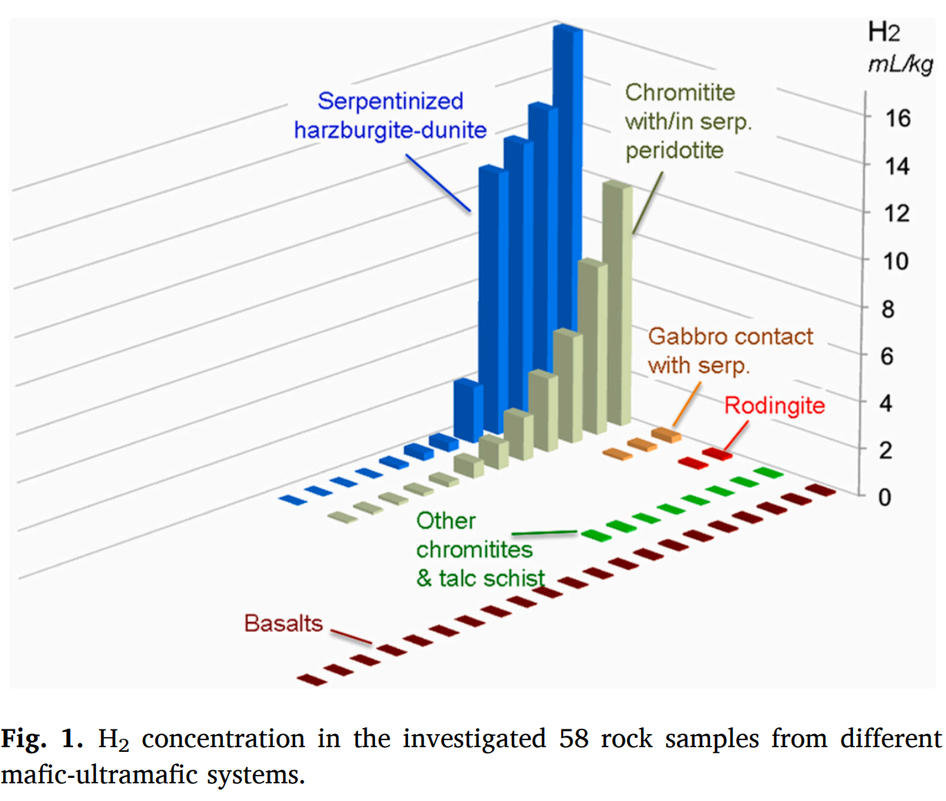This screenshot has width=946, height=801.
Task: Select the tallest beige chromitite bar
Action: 618,307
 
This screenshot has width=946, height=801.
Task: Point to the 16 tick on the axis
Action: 897,118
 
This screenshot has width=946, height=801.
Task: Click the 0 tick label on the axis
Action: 885,497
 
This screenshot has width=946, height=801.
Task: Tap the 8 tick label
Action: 888,309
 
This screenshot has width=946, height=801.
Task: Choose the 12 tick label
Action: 896,213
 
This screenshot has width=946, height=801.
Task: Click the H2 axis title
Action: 884,32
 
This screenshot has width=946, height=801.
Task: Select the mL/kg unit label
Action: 900,65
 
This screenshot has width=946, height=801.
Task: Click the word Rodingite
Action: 774,405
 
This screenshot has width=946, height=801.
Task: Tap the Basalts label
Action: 283,623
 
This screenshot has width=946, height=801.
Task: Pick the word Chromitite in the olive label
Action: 679,92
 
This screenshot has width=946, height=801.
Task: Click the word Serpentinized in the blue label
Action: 390,101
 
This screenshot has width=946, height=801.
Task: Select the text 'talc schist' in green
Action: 491,578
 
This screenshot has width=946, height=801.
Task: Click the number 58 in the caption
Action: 573,739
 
